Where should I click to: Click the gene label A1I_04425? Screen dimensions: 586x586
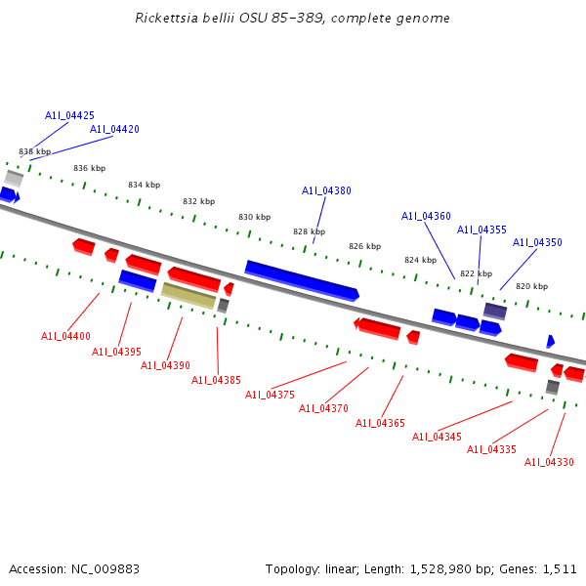click(69, 115)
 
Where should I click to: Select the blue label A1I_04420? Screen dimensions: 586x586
click(114, 129)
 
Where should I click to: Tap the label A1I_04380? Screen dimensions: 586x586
click(326, 191)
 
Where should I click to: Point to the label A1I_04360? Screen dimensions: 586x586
click(426, 217)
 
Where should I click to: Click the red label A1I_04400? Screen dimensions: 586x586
click(65, 336)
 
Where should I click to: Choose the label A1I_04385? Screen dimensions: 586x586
click(216, 380)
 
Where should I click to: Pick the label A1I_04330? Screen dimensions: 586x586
click(549, 462)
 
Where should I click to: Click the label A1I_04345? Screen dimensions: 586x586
click(437, 437)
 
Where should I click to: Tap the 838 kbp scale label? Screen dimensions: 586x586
click(34, 151)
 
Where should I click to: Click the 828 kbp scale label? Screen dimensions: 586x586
click(309, 231)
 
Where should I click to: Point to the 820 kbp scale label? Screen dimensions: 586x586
click(531, 286)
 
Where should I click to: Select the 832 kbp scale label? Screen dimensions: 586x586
click(198, 201)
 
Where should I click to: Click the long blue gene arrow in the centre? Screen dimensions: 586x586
click(301, 279)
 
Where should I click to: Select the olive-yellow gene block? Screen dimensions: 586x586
click(188, 295)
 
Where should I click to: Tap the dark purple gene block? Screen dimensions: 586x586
click(495, 311)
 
